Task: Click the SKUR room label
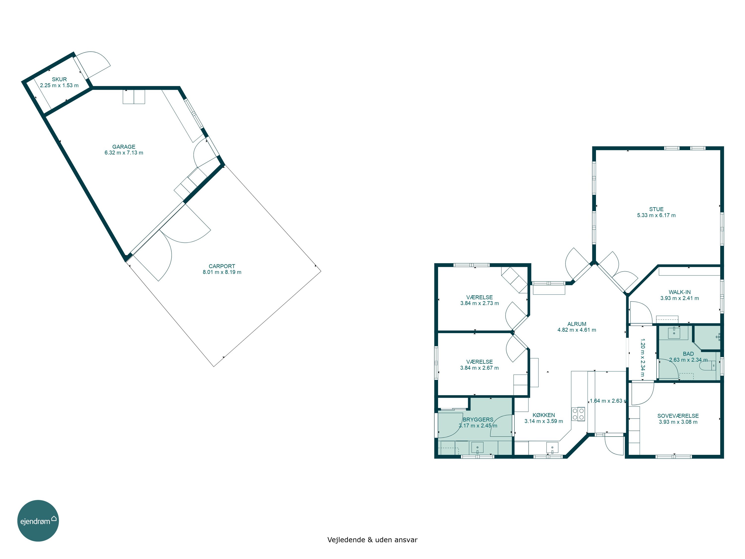coord(59,80)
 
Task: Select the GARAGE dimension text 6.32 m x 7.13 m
coord(124,153)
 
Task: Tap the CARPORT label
coord(222,266)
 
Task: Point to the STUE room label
coord(656,209)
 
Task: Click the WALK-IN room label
coord(680,292)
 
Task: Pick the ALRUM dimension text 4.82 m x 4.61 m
coord(577,330)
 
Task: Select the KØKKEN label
coord(544,415)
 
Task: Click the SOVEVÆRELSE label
coord(678,416)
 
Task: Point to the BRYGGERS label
coord(478,420)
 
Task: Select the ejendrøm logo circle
coord(38,520)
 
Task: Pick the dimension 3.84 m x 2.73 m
coord(480,303)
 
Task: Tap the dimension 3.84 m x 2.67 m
coord(480,368)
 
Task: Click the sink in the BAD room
coord(674,333)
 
